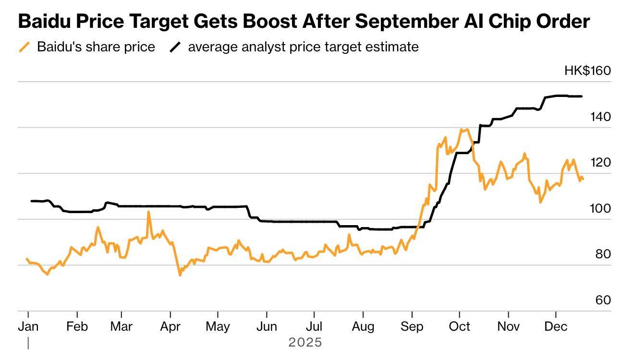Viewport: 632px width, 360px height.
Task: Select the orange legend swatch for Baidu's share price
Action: (x=24, y=47)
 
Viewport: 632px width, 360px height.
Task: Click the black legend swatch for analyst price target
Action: (x=176, y=47)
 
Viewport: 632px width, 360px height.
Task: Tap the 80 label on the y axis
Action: (x=603, y=254)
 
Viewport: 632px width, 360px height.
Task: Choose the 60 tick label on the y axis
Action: (x=603, y=300)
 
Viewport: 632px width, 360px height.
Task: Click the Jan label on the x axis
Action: (x=28, y=326)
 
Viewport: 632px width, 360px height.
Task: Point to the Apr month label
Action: (x=170, y=326)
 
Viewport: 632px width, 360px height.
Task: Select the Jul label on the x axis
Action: (x=314, y=326)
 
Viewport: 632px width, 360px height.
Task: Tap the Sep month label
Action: (x=412, y=326)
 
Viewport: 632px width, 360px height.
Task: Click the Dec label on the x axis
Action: (x=556, y=326)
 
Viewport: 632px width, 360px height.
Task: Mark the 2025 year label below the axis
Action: (x=305, y=343)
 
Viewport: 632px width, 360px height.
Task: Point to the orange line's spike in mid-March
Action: (x=148, y=212)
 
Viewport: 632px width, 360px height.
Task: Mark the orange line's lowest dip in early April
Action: (x=180, y=275)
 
